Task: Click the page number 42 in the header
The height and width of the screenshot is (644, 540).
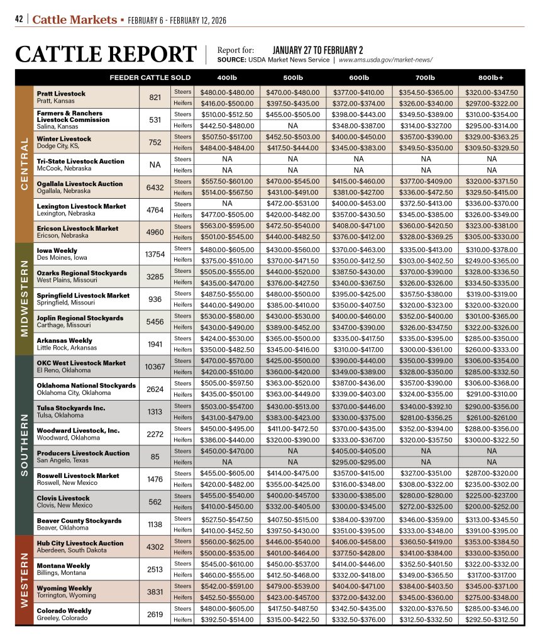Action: [x=20, y=19]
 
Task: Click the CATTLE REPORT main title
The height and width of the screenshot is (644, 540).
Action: [x=106, y=55]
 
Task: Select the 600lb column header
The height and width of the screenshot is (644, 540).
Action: [x=358, y=77]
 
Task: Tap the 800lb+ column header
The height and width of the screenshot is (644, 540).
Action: [x=490, y=77]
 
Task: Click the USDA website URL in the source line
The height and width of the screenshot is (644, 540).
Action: [x=385, y=60]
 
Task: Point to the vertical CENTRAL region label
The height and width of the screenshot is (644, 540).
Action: [x=25, y=164]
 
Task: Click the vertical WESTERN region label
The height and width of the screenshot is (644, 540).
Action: [x=25, y=580]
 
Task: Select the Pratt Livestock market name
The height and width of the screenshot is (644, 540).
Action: [x=61, y=94]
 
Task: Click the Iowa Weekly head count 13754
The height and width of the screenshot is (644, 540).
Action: [x=155, y=254]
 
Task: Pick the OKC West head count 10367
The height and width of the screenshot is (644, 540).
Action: [x=155, y=367]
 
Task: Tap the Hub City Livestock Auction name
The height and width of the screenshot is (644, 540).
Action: [x=80, y=543]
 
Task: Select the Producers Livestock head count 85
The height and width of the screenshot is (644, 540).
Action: [x=155, y=457]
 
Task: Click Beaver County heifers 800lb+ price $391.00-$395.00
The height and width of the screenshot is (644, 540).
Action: [x=491, y=530]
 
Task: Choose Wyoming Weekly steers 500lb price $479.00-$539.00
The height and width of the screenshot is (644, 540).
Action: [x=292, y=586]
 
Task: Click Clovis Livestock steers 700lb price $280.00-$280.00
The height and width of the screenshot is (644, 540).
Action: [x=424, y=496]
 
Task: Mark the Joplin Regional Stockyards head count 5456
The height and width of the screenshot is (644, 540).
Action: [x=155, y=321]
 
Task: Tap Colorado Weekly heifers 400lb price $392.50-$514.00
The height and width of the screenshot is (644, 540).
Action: [x=226, y=619]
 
